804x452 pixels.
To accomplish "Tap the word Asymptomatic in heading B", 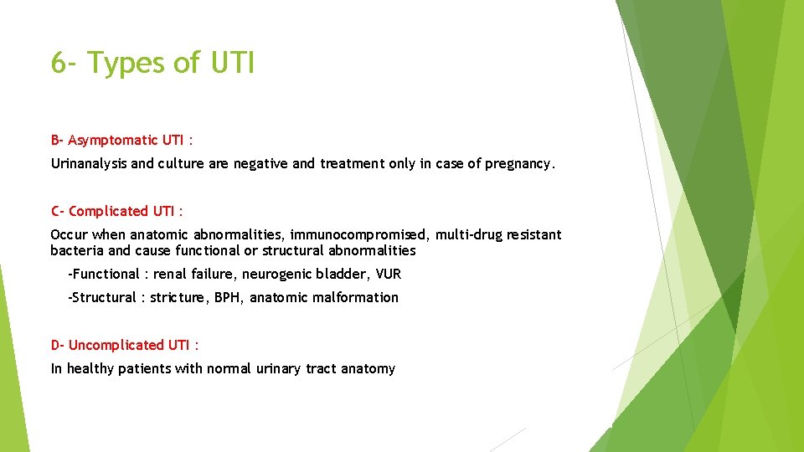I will (113, 140).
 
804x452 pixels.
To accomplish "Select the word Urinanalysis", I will (89, 164).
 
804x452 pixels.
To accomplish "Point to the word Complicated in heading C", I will (108, 211).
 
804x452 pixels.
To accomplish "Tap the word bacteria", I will (77, 250).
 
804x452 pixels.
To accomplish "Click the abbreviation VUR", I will (389, 274).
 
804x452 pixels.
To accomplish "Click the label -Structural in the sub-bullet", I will (102, 297).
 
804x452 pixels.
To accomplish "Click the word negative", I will (258, 164).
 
